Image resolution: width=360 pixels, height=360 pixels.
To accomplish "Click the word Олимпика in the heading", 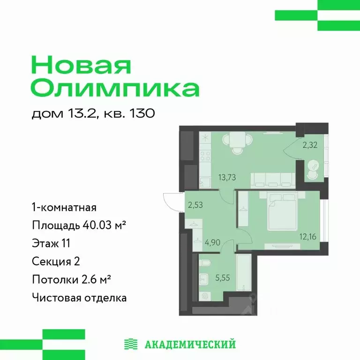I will click(x=115, y=88).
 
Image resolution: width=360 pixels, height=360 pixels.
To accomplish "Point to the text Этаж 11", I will click(x=51, y=243).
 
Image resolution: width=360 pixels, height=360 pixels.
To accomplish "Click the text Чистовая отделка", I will click(x=79, y=297).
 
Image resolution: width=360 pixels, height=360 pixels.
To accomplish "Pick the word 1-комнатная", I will click(x=64, y=207).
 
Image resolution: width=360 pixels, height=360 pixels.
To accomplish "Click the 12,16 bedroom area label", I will click(x=308, y=236).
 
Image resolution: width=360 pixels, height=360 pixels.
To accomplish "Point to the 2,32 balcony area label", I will click(x=310, y=145).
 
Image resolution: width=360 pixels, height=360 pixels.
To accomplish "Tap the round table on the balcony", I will click(x=314, y=166).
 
